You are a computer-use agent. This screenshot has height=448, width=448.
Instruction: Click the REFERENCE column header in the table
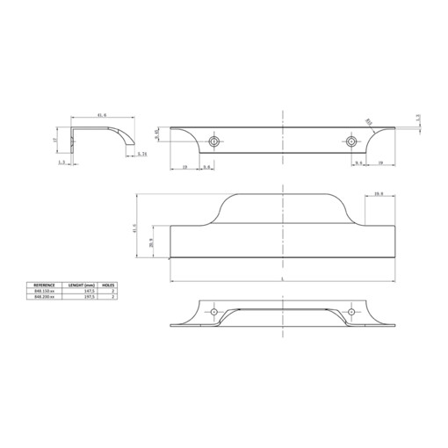45,285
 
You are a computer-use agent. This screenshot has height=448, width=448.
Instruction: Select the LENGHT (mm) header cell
82,285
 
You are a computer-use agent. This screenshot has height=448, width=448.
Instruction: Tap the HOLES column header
110,285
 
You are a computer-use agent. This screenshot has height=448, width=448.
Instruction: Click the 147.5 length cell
85,292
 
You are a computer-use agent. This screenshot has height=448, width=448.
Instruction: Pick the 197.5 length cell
85,298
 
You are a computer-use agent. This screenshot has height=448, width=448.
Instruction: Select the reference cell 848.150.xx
45,292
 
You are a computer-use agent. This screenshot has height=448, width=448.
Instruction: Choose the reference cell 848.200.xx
45,298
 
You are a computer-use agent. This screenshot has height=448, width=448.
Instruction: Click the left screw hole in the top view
214,141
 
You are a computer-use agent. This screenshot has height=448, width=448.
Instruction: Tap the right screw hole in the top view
351,141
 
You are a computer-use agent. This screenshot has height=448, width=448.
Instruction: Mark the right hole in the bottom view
351,312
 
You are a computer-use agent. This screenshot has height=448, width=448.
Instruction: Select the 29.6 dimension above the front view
379,193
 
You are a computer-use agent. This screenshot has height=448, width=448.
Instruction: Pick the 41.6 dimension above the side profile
102,115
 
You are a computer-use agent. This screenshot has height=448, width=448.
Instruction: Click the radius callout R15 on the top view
369,123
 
